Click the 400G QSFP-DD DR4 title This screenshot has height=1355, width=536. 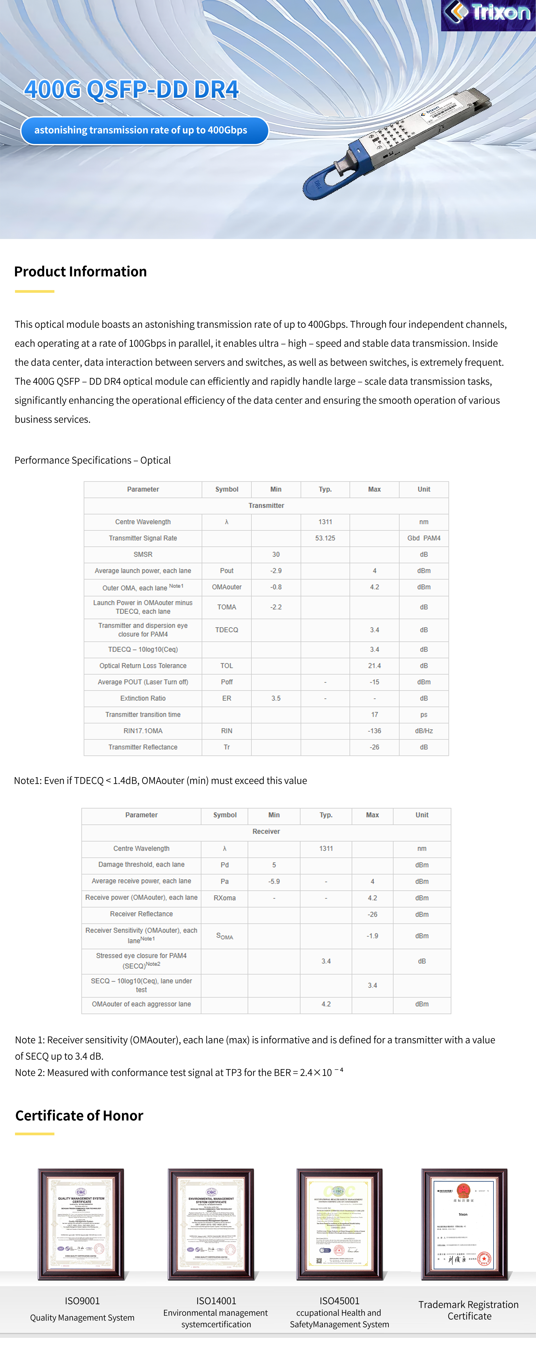point(132,89)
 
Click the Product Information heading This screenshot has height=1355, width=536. point(81,271)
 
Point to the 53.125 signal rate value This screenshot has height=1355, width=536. point(325,538)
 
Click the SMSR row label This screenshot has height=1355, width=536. point(143,555)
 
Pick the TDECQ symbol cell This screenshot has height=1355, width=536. point(226,630)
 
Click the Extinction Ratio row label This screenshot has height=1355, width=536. point(143,698)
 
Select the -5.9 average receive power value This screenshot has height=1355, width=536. point(274,881)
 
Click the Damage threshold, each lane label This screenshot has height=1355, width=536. point(141,864)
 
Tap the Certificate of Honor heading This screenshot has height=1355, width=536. point(79,1116)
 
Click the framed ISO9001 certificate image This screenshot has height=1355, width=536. point(81,1224)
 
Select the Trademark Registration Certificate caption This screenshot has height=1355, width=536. point(469,1310)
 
